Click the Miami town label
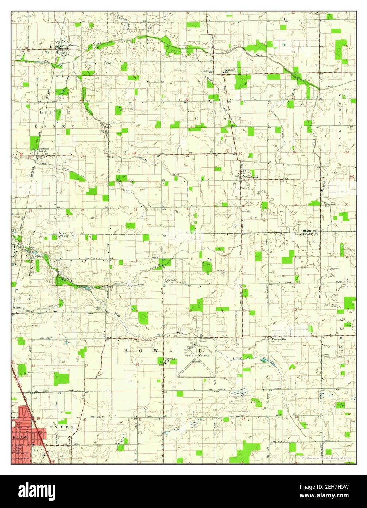(x=72, y=46)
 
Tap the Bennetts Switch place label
(x=44, y=150)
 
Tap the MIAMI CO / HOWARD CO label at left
(x=66, y=235)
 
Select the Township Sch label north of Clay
(x=229, y=71)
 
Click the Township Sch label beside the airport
(x=170, y=360)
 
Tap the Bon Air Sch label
(x=14, y=419)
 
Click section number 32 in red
(x=82, y=210)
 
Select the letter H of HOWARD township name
(x=126, y=351)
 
